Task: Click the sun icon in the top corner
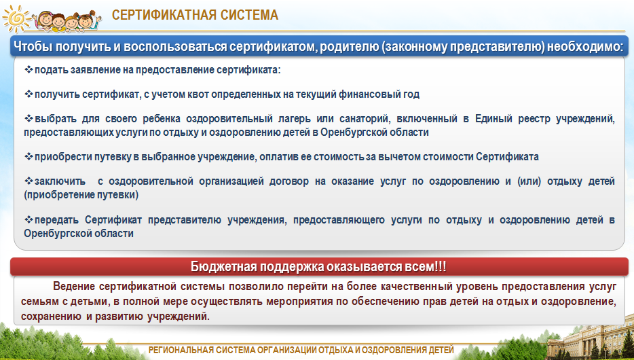16,18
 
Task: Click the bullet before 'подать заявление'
29,69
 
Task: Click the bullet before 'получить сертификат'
29,94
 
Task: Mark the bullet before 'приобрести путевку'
29,156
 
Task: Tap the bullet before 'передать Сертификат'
29,219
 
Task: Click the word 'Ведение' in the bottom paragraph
73,287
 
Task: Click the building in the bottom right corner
591,340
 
